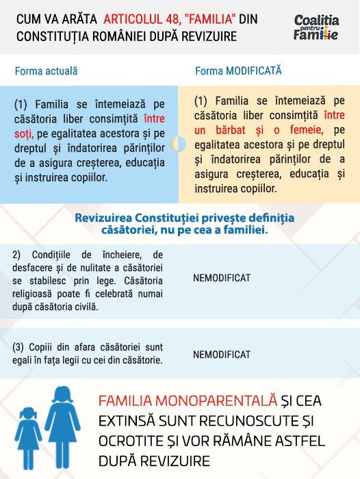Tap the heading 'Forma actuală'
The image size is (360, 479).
[46, 70]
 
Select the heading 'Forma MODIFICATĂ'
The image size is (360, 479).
[238, 70]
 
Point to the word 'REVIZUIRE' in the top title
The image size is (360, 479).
[204, 36]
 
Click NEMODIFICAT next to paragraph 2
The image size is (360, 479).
[222, 278]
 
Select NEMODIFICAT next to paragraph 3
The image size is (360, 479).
[222, 354]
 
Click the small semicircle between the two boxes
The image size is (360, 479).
[178, 144]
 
